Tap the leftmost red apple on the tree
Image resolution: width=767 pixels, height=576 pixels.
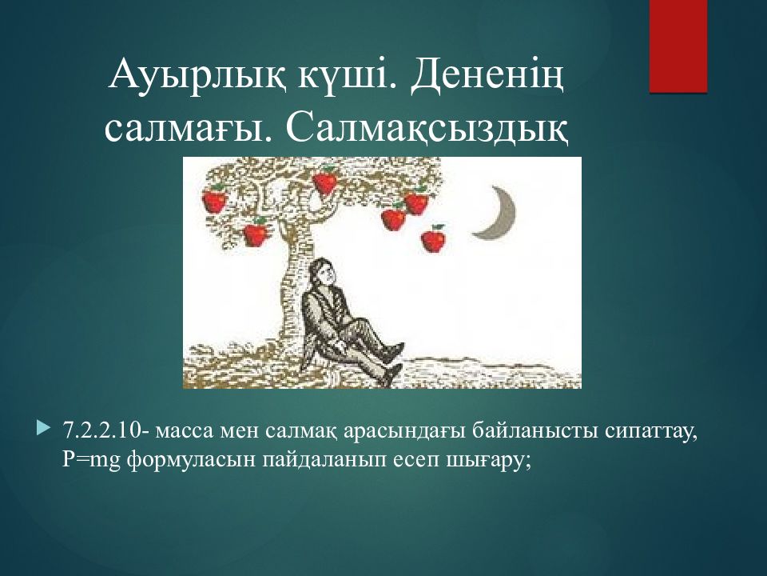point(214,199)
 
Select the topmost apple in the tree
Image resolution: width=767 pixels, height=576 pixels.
point(325,182)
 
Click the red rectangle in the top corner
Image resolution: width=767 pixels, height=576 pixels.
point(678,46)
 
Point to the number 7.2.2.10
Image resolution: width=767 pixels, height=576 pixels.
point(102,431)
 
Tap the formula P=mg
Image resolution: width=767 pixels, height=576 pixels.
point(91,461)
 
